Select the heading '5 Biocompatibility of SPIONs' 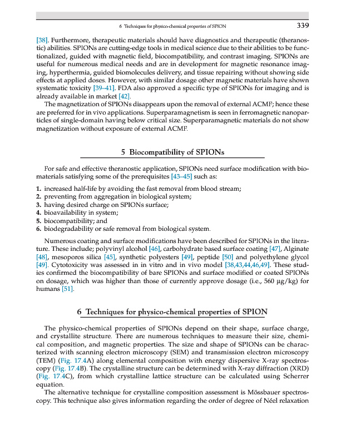(172, 151)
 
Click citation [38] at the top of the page (42, 41)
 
